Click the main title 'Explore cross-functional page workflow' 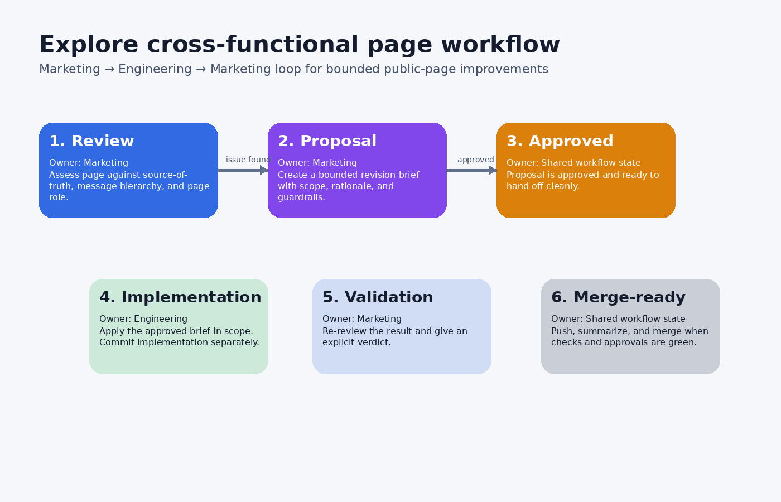pos(299,45)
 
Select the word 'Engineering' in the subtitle pos(155,69)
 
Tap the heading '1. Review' pos(91,141)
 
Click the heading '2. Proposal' pos(327,141)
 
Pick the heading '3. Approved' pos(560,141)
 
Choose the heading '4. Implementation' pos(180,297)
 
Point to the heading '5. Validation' pos(378,297)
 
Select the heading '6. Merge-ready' pos(618,297)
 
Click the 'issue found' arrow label pos(248,160)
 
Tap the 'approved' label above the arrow pos(475,160)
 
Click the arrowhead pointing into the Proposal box pos(264,170)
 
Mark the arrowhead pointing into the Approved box pos(493,170)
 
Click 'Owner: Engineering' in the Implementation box pos(143,319)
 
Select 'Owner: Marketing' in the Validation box pos(362,319)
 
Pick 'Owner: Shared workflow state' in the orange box pos(573,163)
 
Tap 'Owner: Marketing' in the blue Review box pos(89,163)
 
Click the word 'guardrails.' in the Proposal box pos(301,197)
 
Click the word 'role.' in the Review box pos(59,197)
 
